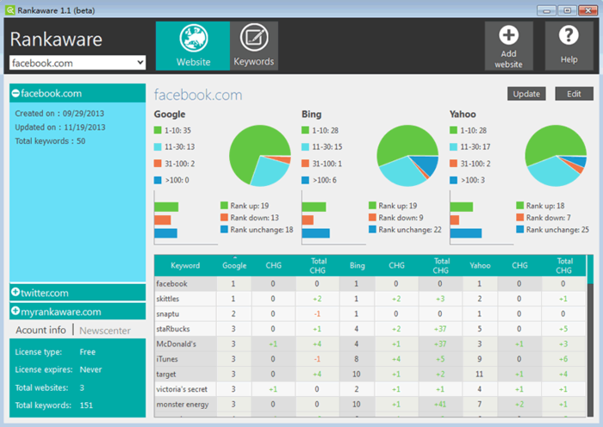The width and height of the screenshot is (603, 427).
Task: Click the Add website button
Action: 508,46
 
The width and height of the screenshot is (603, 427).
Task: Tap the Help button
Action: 569,46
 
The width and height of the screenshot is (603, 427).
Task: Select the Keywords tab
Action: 254,46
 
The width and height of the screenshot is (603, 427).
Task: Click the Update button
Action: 526,94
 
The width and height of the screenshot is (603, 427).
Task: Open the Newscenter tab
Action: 104,330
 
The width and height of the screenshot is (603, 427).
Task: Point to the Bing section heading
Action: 312,114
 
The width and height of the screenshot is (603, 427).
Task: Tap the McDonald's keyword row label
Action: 177,344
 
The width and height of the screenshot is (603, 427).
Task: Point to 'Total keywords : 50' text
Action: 50,140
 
